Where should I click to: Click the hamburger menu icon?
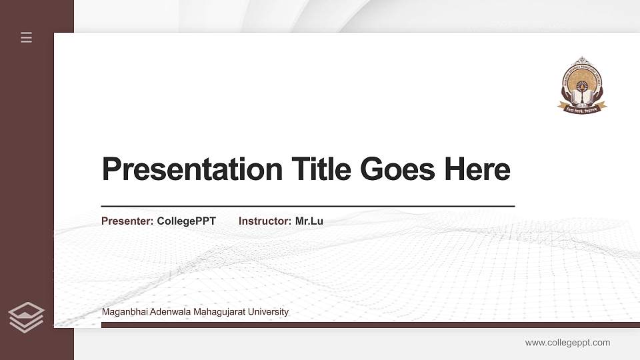(27, 37)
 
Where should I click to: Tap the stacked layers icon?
(27, 317)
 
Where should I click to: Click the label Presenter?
(127, 221)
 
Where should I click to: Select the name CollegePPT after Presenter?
(187, 221)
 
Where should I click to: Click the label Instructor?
(265, 221)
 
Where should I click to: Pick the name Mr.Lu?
(309, 221)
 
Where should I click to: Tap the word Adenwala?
(167, 312)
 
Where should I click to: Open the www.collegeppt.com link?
(567, 343)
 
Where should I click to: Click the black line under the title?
(307, 207)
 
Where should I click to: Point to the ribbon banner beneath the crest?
(582, 107)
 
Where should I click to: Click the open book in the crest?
(582, 97)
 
